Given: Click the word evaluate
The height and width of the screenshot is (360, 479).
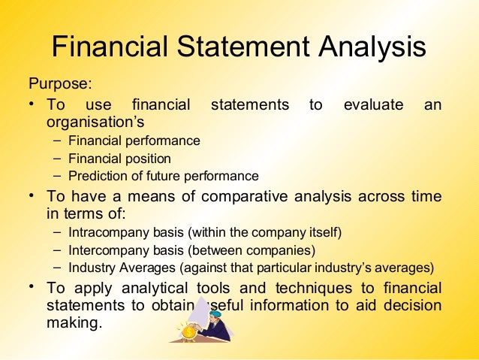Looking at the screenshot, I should [373, 104].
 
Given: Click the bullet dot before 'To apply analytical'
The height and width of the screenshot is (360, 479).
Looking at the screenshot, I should [32, 288].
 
